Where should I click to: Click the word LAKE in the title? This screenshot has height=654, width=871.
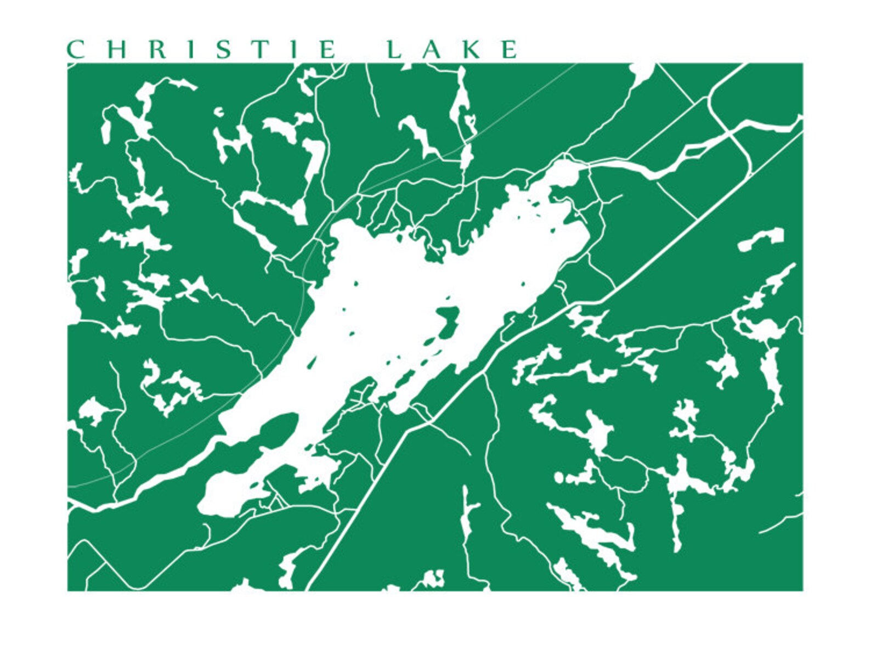click(x=451, y=49)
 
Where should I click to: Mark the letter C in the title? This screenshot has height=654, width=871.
click(x=75, y=49)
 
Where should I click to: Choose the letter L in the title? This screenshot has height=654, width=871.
click(x=394, y=49)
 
